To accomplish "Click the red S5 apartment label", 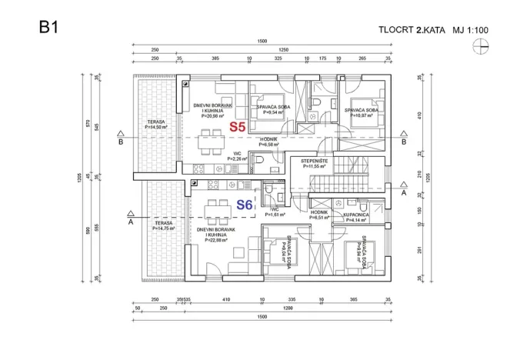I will pos(237,127).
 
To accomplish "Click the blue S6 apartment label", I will pos(244,205).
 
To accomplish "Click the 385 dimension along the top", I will pos(215,58).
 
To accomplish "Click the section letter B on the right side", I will pos(404,142).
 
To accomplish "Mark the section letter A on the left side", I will pos(130,222).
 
